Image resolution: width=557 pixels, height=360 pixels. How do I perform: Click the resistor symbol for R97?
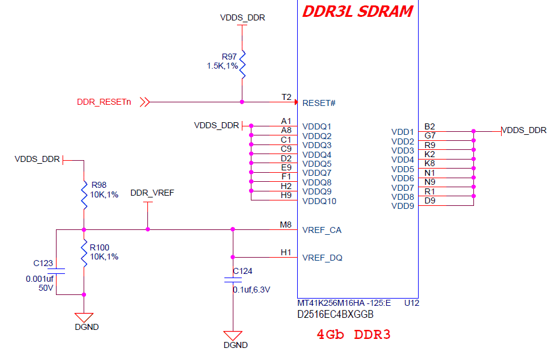[242, 64]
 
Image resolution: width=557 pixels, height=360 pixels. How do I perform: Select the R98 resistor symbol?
[84, 196]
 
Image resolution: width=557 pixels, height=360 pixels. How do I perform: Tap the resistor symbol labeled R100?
[84, 253]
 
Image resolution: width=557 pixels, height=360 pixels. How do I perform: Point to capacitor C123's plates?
[56, 271]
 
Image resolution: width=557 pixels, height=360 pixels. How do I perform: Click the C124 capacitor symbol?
[233, 280]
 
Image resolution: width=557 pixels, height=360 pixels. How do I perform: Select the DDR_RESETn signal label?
[104, 102]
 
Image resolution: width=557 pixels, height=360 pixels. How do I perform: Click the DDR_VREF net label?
[152, 193]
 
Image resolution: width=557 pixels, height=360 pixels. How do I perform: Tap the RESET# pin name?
[319, 103]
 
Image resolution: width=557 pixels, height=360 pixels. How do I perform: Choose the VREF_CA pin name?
[322, 231]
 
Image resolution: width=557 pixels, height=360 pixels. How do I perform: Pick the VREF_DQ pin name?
[322, 258]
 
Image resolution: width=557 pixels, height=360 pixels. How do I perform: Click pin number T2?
[286, 97]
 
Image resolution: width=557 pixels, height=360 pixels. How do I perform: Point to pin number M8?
[286, 225]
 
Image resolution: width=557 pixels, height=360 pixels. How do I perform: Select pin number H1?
[286, 252]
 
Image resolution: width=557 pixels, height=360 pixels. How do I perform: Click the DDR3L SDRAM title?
[357, 11]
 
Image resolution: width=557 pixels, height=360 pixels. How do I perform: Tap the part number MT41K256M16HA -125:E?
[344, 303]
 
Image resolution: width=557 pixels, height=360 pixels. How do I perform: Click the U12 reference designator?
[411, 303]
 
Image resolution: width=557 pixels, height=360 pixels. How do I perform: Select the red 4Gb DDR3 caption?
[354, 334]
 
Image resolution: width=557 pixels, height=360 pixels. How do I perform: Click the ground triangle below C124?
[233, 335]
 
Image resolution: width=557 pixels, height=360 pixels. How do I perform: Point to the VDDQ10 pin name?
[319, 201]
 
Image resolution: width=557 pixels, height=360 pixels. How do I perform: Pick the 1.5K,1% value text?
[223, 66]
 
